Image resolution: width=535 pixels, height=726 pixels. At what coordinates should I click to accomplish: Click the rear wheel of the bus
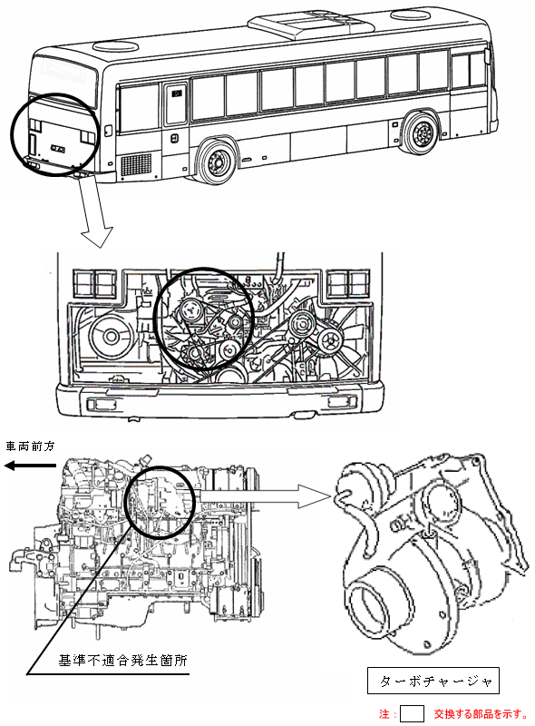tap(217, 161)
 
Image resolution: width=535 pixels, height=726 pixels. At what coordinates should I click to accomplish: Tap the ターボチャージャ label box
tap(433, 680)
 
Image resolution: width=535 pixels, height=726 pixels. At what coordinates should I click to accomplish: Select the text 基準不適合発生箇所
tap(123, 660)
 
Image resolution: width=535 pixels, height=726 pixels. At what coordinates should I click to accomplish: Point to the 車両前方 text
tap(30, 446)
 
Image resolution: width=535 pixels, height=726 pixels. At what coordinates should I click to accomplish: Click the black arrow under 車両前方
tap(30, 466)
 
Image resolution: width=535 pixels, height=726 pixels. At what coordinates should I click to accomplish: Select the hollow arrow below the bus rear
tap(95, 211)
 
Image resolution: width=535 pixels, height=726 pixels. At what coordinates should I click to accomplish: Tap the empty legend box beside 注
tap(412, 713)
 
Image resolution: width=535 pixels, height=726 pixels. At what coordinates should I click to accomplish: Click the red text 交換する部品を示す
tap(481, 713)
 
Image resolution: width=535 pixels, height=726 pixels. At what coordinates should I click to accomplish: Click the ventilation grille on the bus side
tap(136, 165)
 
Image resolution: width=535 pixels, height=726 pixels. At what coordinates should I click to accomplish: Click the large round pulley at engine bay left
tap(110, 337)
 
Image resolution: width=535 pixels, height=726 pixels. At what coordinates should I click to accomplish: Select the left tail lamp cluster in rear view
tap(95, 284)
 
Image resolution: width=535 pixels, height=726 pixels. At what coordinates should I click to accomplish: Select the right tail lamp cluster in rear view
tap(348, 284)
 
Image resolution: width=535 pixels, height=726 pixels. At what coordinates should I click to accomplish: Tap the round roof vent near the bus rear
tap(117, 46)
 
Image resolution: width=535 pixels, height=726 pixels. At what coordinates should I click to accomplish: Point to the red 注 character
tap(384, 714)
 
